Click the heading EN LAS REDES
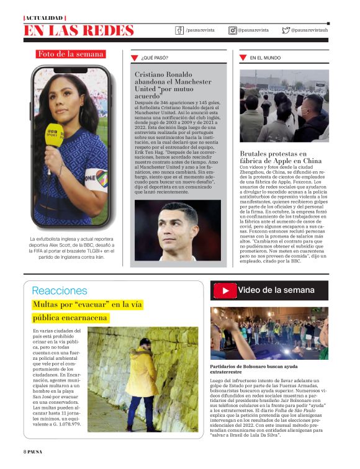(79, 30)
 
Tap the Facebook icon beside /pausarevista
(179, 30)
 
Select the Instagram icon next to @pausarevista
(233, 30)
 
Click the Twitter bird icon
(286, 30)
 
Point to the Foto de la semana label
(71, 54)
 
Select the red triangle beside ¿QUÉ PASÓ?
(134, 58)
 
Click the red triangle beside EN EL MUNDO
(243, 58)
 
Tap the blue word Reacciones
(60, 290)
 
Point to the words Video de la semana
(276, 290)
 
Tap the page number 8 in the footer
(25, 451)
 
